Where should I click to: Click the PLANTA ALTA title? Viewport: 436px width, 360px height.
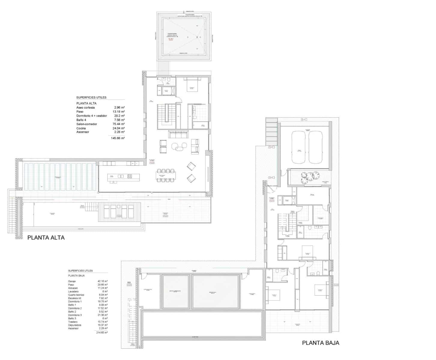[46, 238]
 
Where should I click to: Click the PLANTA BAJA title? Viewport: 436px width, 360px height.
[320, 343]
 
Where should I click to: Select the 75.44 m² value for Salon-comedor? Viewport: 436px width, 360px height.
[119, 124]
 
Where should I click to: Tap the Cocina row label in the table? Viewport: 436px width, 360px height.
[81, 128]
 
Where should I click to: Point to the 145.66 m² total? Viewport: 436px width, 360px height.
[118, 138]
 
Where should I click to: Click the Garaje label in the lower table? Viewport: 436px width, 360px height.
[72, 281]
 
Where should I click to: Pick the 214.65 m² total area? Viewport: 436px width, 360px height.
[102, 333]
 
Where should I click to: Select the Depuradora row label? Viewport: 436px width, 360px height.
[74, 325]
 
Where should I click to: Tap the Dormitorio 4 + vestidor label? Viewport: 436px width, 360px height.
[92, 116]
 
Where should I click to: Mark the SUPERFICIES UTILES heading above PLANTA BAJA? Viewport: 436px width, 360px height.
[80, 271]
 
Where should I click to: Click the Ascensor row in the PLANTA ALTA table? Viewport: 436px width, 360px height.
[83, 132]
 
